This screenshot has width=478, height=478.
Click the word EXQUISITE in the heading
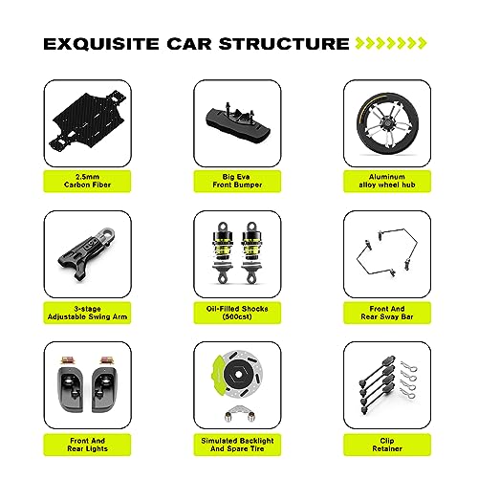[101, 44]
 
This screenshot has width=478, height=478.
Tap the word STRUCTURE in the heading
[284, 44]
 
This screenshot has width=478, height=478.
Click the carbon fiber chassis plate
[89, 121]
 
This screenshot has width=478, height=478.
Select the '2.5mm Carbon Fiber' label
[87, 181]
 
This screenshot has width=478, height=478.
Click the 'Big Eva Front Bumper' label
[237, 181]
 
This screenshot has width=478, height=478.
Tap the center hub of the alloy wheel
[387, 123]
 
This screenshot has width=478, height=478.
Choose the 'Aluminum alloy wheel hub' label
[387, 181]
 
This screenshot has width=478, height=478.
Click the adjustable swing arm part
[87, 253]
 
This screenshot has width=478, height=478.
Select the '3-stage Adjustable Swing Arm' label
[87, 313]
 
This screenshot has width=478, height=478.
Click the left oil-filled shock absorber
[223, 252]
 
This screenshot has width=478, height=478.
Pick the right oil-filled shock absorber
[251, 252]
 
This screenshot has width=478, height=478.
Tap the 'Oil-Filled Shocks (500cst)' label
[237, 313]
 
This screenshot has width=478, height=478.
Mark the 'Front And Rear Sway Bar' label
[387, 313]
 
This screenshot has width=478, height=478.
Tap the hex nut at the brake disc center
[239, 375]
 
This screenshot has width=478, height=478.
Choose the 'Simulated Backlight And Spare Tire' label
[237, 445]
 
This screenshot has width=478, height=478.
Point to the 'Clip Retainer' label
[387, 445]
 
